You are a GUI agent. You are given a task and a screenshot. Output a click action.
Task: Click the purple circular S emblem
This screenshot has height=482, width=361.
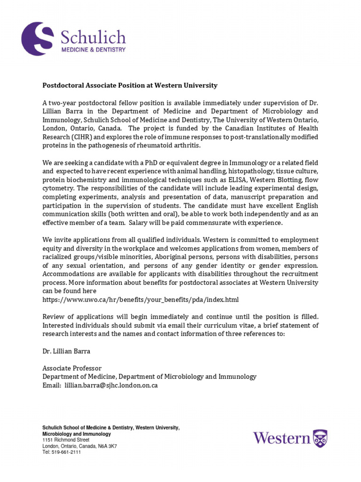point(39,38)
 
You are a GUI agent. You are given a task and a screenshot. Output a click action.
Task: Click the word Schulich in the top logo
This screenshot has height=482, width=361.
point(92,37)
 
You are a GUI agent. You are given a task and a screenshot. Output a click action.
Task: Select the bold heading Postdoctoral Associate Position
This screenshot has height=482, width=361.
point(130,85)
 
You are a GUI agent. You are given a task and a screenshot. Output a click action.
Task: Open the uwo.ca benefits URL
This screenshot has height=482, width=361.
point(141,299)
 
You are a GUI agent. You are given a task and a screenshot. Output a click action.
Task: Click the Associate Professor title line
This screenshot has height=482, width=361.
point(72,368)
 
